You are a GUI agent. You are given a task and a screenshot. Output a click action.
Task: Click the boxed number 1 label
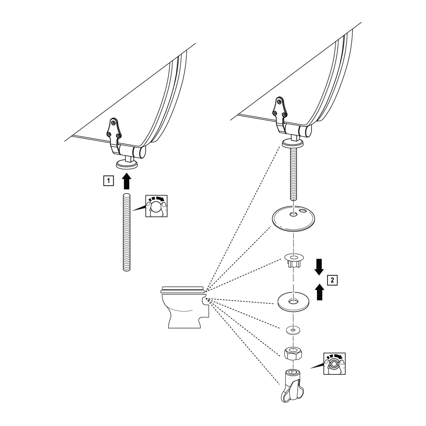(x=109, y=181)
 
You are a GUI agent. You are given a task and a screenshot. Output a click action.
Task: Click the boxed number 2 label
(x=332, y=280)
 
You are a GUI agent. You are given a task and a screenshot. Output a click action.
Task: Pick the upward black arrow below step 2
(x=320, y=292)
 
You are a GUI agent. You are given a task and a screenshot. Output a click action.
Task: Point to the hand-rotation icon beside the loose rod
(x=156, y=206)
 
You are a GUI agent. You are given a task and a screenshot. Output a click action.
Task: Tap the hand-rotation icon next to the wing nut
(x=335, y=364)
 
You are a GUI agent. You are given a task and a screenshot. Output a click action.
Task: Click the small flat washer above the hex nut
(x=293, y=330)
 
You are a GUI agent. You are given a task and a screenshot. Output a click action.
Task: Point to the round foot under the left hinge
(x=127, y=164)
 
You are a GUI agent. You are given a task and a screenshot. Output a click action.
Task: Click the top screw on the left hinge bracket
(x=114, y=122)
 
